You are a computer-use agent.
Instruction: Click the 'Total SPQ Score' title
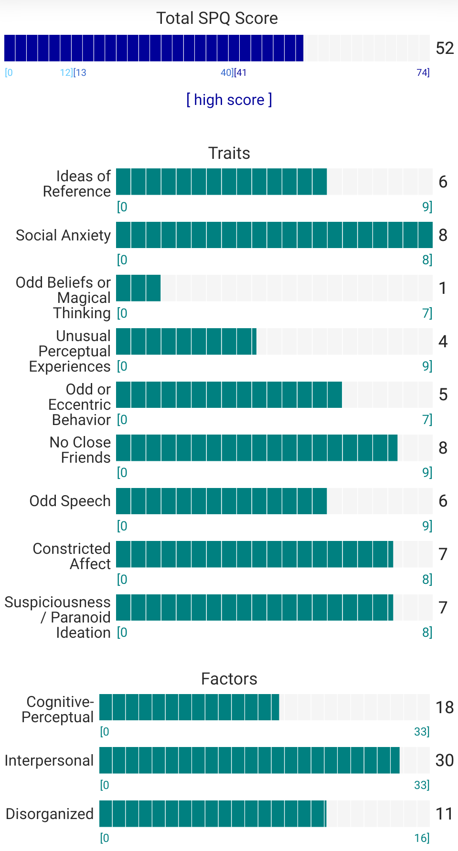217,18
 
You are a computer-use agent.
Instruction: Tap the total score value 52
445,48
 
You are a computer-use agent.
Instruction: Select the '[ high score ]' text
229,100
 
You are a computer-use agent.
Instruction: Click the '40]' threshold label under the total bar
227,73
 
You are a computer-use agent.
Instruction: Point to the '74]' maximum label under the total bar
423,73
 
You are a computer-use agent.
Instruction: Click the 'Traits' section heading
229,153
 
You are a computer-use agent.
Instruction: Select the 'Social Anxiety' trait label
63,235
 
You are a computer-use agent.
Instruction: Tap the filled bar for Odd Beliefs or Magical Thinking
138,288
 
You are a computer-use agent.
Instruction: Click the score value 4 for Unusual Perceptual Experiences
443,342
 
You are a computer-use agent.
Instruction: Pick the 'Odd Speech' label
70,501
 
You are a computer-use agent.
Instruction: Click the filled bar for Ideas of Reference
221,182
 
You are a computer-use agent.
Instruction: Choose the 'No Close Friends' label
80,450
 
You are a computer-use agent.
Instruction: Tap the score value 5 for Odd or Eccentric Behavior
443,394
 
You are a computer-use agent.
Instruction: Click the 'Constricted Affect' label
72,556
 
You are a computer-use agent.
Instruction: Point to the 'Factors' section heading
229,679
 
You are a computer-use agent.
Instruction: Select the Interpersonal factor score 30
444,760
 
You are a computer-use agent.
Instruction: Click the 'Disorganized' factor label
50,814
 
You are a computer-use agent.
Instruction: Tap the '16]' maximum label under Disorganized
422,838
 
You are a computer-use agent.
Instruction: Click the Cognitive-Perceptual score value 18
444,707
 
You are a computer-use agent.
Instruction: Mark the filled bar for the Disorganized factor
213,814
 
